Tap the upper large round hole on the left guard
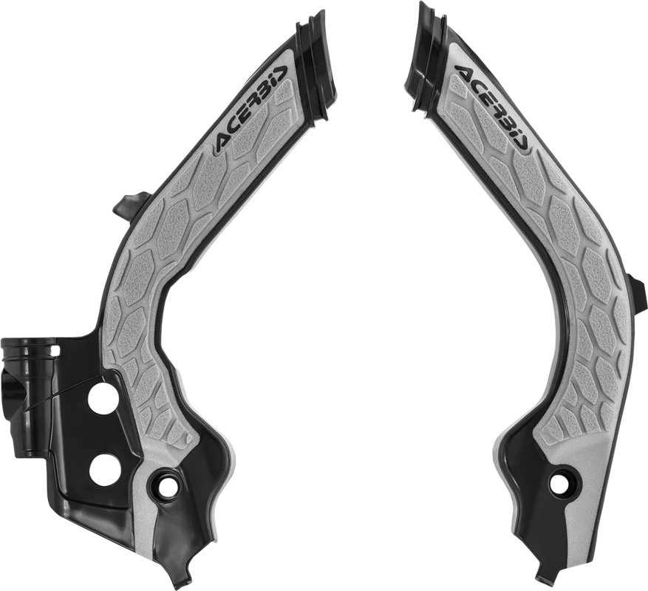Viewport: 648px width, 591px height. [x=101, y=397]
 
